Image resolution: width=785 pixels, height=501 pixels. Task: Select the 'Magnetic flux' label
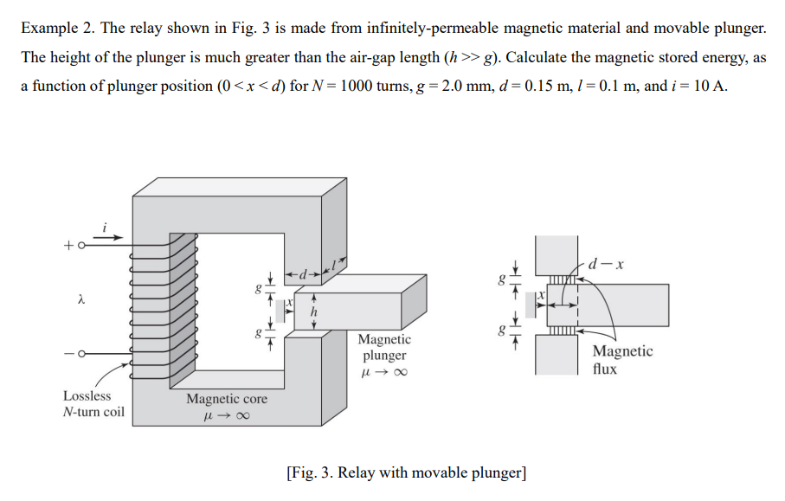coord(622,359)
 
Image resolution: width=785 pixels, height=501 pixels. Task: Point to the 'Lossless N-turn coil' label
coord(93,403)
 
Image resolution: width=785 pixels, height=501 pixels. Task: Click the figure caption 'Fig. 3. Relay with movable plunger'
coord(405,472)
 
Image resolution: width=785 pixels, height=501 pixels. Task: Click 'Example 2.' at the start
coord(57,28)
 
